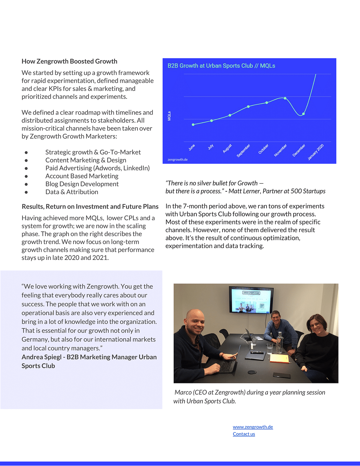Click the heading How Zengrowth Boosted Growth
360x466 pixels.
tap(69, 61)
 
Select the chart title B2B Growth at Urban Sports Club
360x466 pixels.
tap(221, 66)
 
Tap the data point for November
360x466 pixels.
tap(285, 98)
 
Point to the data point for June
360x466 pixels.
tap(193, 125)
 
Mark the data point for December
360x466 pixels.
tap(303, 114)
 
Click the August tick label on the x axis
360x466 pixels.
tap(227, 148)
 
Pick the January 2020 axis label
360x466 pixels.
tap(316, 152)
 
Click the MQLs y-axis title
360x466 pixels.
tap(169, 116)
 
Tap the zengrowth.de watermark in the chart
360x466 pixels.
tap(178, 160)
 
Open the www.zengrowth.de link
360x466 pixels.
tap(253, 427)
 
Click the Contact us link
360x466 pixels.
tap(244, 434)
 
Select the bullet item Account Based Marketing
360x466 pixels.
tap(82, 176)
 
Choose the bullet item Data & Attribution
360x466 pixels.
tap(72, 192)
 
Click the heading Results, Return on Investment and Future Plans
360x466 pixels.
tap(90, 206)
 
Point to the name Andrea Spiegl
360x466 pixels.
tap(41, 357)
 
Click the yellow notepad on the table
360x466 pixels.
tap(279, 358)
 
